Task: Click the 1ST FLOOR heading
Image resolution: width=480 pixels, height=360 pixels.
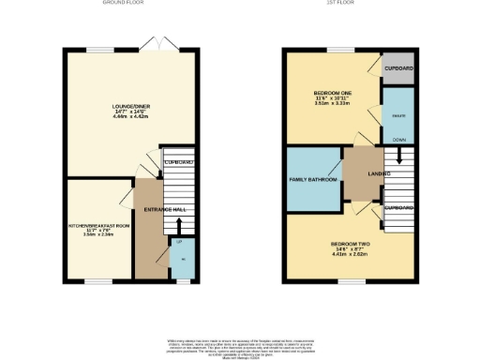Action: click(355, 4)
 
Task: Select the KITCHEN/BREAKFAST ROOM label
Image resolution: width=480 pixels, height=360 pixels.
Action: click(97, 226)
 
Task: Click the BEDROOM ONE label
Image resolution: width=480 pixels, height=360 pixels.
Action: click(334, 94)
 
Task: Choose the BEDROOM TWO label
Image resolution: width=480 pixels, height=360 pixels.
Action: click(349, 244)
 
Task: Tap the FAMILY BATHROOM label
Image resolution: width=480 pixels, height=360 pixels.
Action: click(310, 177)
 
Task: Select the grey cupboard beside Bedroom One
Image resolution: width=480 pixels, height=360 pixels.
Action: click(398, 69)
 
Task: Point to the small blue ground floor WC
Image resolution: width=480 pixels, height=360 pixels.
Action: click(183, 260)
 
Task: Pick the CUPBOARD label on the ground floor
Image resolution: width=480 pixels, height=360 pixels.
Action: click(178, 163)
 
